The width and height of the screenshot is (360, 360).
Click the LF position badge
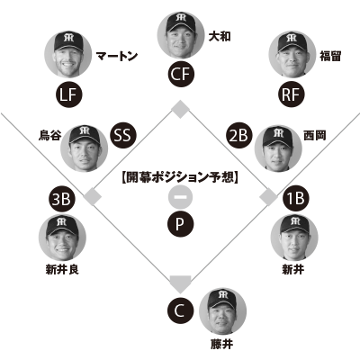pyautogui.click(x=69, y=95)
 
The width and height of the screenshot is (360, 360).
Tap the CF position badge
pyautogui.click(x=181, y=74)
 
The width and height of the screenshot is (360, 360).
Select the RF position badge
pyautogui.click(x=292, y=94)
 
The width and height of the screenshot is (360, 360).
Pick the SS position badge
pyautogui.click(x=123, y=135)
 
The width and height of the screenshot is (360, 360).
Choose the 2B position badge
pyautogui.click(x=238, y=136)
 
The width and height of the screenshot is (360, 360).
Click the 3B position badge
pyautogui.click(x=62, y=199)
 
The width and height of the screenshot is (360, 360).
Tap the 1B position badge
pyautogui.click(x=296, y=198)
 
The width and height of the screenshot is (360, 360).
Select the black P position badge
pyautogui.click(x=180, y=224)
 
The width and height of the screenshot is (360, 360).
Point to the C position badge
pyautogui.click(x=180, y=311)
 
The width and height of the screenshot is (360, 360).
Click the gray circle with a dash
pyautogui.click(x=180, y=197)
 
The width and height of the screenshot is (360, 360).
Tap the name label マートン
pyautogui.click(x=117, y=56)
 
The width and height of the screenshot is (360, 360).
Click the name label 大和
pyautogui.click(x=220, y=37)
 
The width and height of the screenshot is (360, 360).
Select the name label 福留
pyautogui.click(x=330, y=56)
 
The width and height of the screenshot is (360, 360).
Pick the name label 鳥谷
pyautogui.click(x=49, y=135)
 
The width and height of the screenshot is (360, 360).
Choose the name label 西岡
pyautogui.click(x=314, y=135)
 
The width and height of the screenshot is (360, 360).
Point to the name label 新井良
pyautogui.click(x=62, y=269)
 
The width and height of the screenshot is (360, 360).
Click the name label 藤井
pyautogui.click(x=221, y=344)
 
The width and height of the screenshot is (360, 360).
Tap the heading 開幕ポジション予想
pyautogui.click(x=180, y=177)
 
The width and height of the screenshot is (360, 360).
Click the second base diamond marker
pyautogui.click(x=180, y=110)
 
